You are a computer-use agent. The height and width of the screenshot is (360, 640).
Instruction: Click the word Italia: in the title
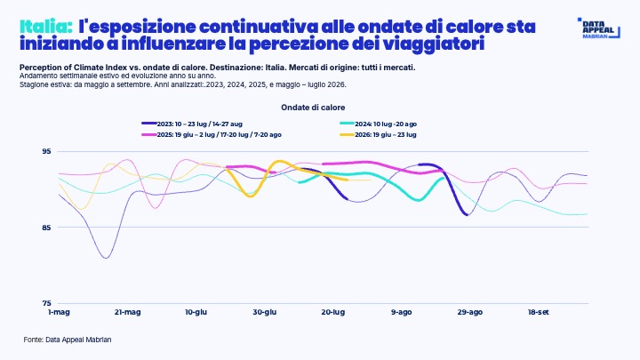coord(46,27)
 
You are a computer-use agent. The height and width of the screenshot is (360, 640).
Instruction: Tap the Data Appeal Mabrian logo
coord(599,28)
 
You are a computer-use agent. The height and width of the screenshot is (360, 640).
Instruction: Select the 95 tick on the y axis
coord(46,151)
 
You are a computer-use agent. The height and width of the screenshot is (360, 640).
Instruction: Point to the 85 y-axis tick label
coord(46,228)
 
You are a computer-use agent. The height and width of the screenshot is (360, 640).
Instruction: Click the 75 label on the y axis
coord(46,303)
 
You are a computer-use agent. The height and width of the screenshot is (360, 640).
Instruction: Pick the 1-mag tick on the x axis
coord(59,312)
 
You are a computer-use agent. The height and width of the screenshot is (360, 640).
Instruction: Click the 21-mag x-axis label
coord(127,312)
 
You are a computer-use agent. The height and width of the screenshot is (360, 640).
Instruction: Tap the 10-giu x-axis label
coord(196,312)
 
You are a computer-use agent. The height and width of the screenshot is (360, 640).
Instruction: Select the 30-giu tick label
coord(265,312)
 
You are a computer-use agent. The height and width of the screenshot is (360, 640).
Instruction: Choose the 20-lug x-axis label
coord(333,312)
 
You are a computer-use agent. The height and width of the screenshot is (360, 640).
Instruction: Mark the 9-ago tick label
coord(402,312)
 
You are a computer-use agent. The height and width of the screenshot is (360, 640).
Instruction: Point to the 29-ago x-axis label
coord(470,312)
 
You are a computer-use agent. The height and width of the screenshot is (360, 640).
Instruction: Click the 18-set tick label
coord(539,312)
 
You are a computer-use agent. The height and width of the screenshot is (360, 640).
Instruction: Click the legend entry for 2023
coord(192,124)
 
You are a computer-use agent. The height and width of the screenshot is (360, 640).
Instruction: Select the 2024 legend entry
coord(378,124)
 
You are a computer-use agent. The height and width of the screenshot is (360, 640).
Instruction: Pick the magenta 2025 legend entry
coord(212,135)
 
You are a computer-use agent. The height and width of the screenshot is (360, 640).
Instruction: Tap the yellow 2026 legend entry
coord(378,135)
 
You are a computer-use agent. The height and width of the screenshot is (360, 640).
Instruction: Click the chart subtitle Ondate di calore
coord(313,108)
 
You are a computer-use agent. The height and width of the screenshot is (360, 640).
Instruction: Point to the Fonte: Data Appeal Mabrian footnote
coord(68,340)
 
